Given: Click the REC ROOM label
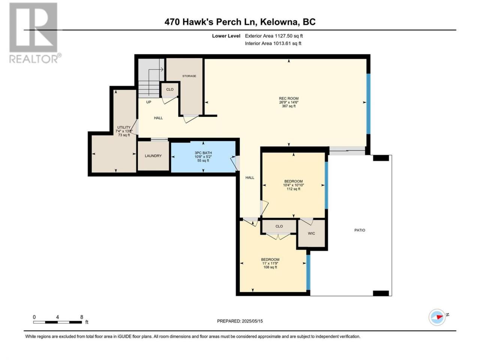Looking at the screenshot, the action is (288, 98).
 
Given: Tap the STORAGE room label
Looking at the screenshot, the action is (189, 76).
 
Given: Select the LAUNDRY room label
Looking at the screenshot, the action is (153, 156).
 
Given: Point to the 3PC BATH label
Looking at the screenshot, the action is (203, 153).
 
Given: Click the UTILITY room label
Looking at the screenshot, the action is (124, 127).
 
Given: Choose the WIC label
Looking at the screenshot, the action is (311, 233).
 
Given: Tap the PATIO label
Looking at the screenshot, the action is (360, 230).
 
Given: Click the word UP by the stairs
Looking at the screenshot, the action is (148, 102).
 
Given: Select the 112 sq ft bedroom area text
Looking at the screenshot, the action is (293, 189).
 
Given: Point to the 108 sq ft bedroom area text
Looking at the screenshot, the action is (270, 267).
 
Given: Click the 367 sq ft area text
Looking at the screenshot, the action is (289, 106).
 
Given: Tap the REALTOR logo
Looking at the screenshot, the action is (35, 33).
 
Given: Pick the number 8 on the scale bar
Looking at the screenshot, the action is (82, 317).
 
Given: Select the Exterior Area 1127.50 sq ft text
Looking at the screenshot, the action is (274, 36).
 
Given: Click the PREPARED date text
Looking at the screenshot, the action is (240, 321).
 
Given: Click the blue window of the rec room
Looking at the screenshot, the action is (369, 104).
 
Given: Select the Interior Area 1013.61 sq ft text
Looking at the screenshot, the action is (273, 43).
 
